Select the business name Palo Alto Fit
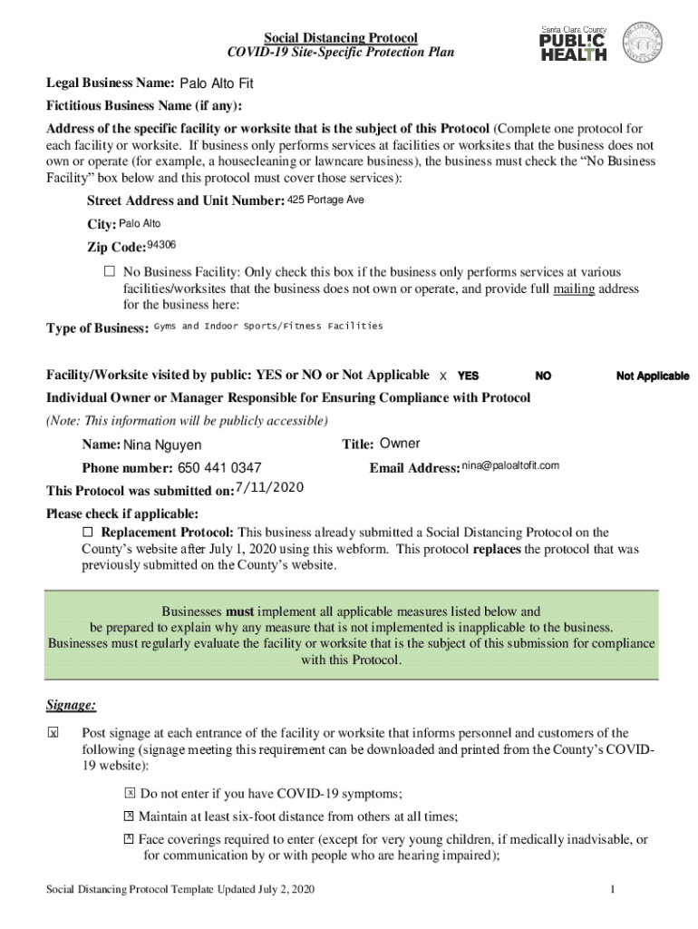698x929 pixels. [216, 83]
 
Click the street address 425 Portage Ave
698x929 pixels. [325, 200]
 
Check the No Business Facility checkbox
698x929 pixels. [110, 271]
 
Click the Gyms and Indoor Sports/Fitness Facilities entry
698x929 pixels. [268, 326]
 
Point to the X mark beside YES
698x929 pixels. [442, 376]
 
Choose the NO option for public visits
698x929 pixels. [543, 376]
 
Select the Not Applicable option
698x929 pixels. [652, 376]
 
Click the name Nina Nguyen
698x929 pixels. [162, 445]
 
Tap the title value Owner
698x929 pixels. [399, 444]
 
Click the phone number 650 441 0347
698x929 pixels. [219, 468]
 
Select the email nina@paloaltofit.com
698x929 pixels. [510, 465]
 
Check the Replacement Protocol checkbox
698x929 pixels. [88, 532]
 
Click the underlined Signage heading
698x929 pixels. [71, 706]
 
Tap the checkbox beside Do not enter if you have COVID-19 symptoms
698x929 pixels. [131, 792]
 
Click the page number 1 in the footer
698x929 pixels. [614, 889]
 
